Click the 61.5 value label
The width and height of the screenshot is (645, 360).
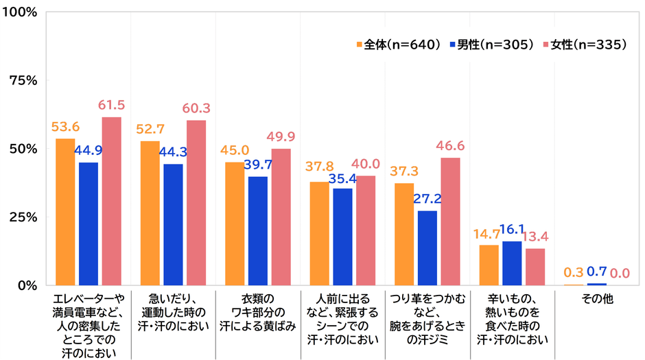(112, 106)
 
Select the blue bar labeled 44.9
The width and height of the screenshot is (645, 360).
(89, 224)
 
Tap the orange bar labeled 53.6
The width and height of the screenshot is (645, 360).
(65, 212)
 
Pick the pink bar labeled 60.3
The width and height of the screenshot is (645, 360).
(196, 203)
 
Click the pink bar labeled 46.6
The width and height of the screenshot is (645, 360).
(450, 221)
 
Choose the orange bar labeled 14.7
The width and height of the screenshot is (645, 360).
(489, 265)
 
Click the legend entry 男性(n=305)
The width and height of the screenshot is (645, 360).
(490, 45)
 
